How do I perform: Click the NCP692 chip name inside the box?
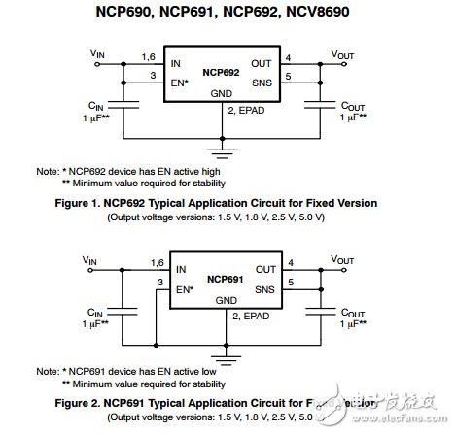[221, 72]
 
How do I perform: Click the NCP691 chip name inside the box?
[222, 279]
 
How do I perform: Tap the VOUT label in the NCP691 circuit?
[343, 260]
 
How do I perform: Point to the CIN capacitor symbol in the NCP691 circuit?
[124, 310]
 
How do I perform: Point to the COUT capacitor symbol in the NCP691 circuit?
[320, 310]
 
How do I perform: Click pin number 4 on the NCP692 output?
[288, 57]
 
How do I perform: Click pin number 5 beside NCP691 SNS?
[289, 282]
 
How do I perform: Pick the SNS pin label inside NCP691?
[264, 289]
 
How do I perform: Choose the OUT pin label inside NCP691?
[264, 270]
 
